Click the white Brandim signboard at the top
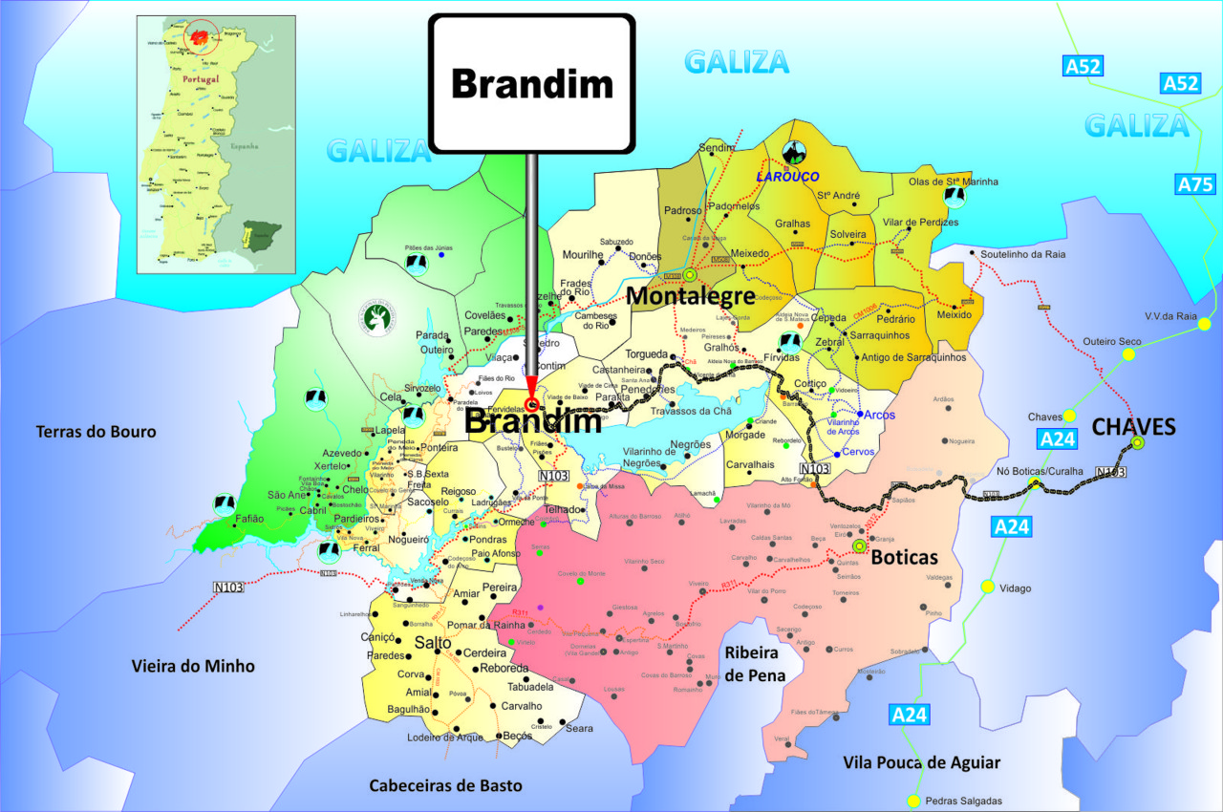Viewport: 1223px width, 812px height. [531, 83]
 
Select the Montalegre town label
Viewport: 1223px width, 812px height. [691, 297]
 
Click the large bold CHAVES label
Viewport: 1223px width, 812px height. [1133, 426]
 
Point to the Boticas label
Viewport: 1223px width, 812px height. [905, 557]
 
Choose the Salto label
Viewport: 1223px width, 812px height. [433, 643]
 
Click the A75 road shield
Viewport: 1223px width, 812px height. [1195, 184]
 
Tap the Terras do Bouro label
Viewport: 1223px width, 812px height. [96, 432]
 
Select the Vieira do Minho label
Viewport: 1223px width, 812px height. [193, 666]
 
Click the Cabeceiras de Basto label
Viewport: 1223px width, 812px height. [446, 785]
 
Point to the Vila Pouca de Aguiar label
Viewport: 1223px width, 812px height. [921, 761]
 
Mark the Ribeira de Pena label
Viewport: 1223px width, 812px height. [755, 664]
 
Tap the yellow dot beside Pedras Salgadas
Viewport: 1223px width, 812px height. [914, 801]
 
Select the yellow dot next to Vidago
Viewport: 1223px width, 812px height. [987, 587]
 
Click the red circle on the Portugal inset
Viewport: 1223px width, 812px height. [202, 37]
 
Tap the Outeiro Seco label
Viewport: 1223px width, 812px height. [1111, 341]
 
